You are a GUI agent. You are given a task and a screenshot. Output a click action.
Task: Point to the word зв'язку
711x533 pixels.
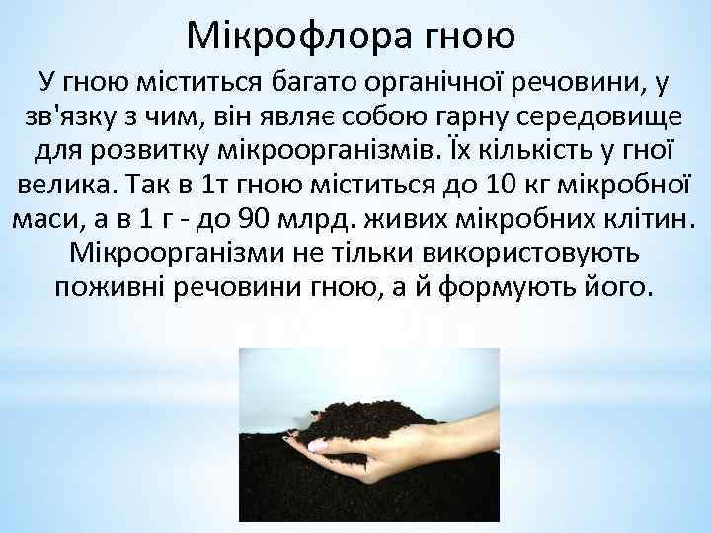(x=63, y=116)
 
